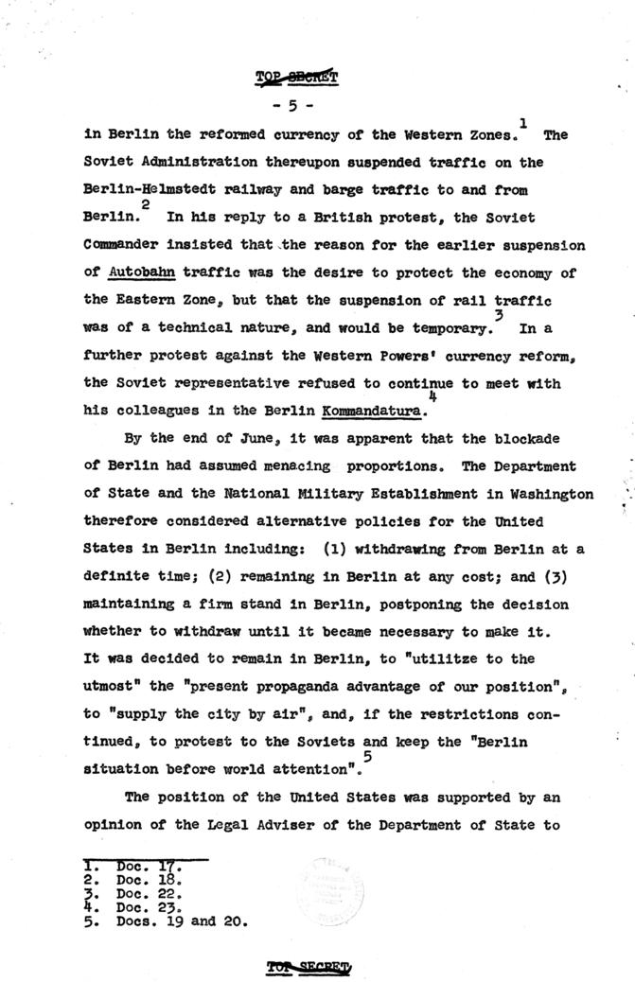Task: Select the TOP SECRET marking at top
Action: click(299, 77)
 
